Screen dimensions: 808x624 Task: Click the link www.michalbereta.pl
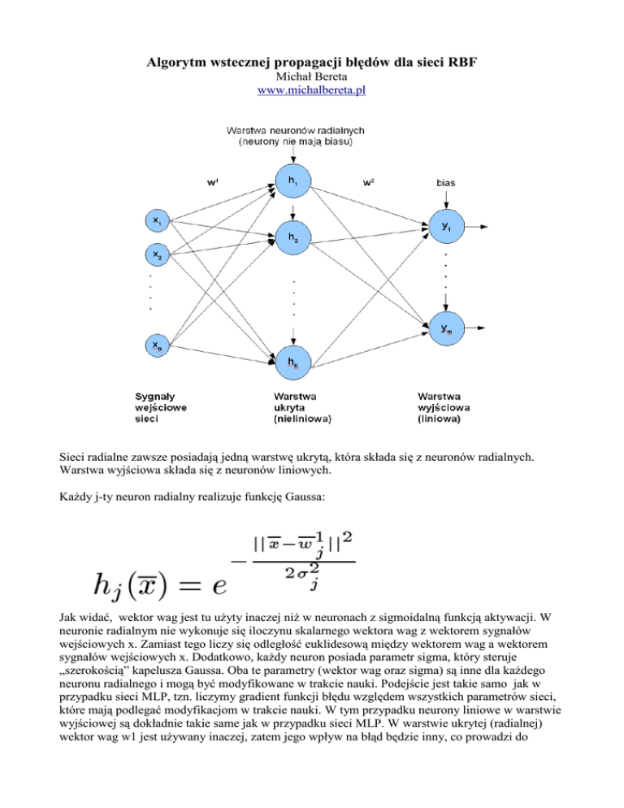point(311,90)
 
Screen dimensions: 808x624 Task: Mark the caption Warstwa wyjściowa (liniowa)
point(442,409)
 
